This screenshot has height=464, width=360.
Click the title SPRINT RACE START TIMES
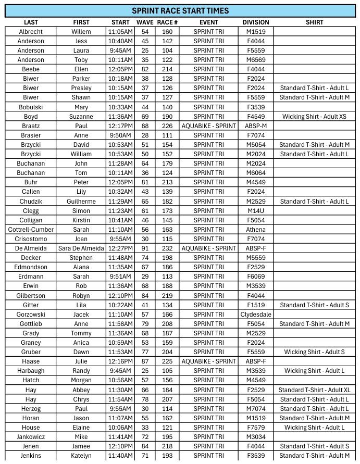(180, 10)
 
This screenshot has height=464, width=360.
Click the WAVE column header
(145, 22)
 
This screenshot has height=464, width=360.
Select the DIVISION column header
(256, 22)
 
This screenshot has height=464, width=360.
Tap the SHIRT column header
(314, 22)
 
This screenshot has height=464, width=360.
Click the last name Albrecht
(31, 32)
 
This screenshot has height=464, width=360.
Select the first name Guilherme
(81, 202)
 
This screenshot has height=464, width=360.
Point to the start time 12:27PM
(121, 248)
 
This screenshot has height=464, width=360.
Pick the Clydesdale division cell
(256, 315)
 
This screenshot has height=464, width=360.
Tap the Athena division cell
(256, 230)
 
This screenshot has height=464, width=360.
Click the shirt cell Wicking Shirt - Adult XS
(314, 117)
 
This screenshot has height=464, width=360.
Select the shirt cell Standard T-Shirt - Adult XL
(314, 390)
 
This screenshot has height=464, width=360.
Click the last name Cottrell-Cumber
(31, 230)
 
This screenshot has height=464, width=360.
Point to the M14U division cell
(256, 211)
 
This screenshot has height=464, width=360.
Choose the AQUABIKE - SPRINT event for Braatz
(208, 126)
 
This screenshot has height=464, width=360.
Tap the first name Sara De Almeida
(81, 248)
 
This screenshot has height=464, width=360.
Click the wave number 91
(145, 248)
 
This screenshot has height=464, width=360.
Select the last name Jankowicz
(31, 437)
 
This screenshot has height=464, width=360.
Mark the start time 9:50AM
(121, 135)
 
